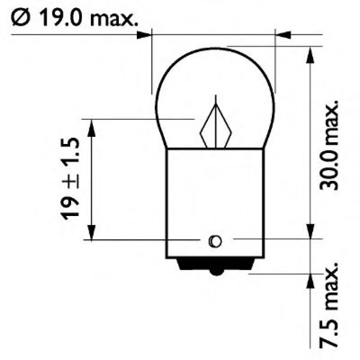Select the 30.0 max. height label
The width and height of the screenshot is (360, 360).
(330, 145)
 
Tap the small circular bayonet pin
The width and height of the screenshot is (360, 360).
(215, 241)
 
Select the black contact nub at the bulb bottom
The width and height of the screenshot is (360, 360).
(216, 270)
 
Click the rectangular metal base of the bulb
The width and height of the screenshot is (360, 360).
(215, 201)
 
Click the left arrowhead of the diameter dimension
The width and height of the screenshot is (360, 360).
(145, 34)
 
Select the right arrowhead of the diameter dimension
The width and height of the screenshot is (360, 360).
(284, 34)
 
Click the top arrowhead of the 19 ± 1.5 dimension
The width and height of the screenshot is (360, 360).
(91, 127)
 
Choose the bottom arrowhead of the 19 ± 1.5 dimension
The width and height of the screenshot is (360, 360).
(91, 232)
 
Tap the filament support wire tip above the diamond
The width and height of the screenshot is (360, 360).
(216, 97)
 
